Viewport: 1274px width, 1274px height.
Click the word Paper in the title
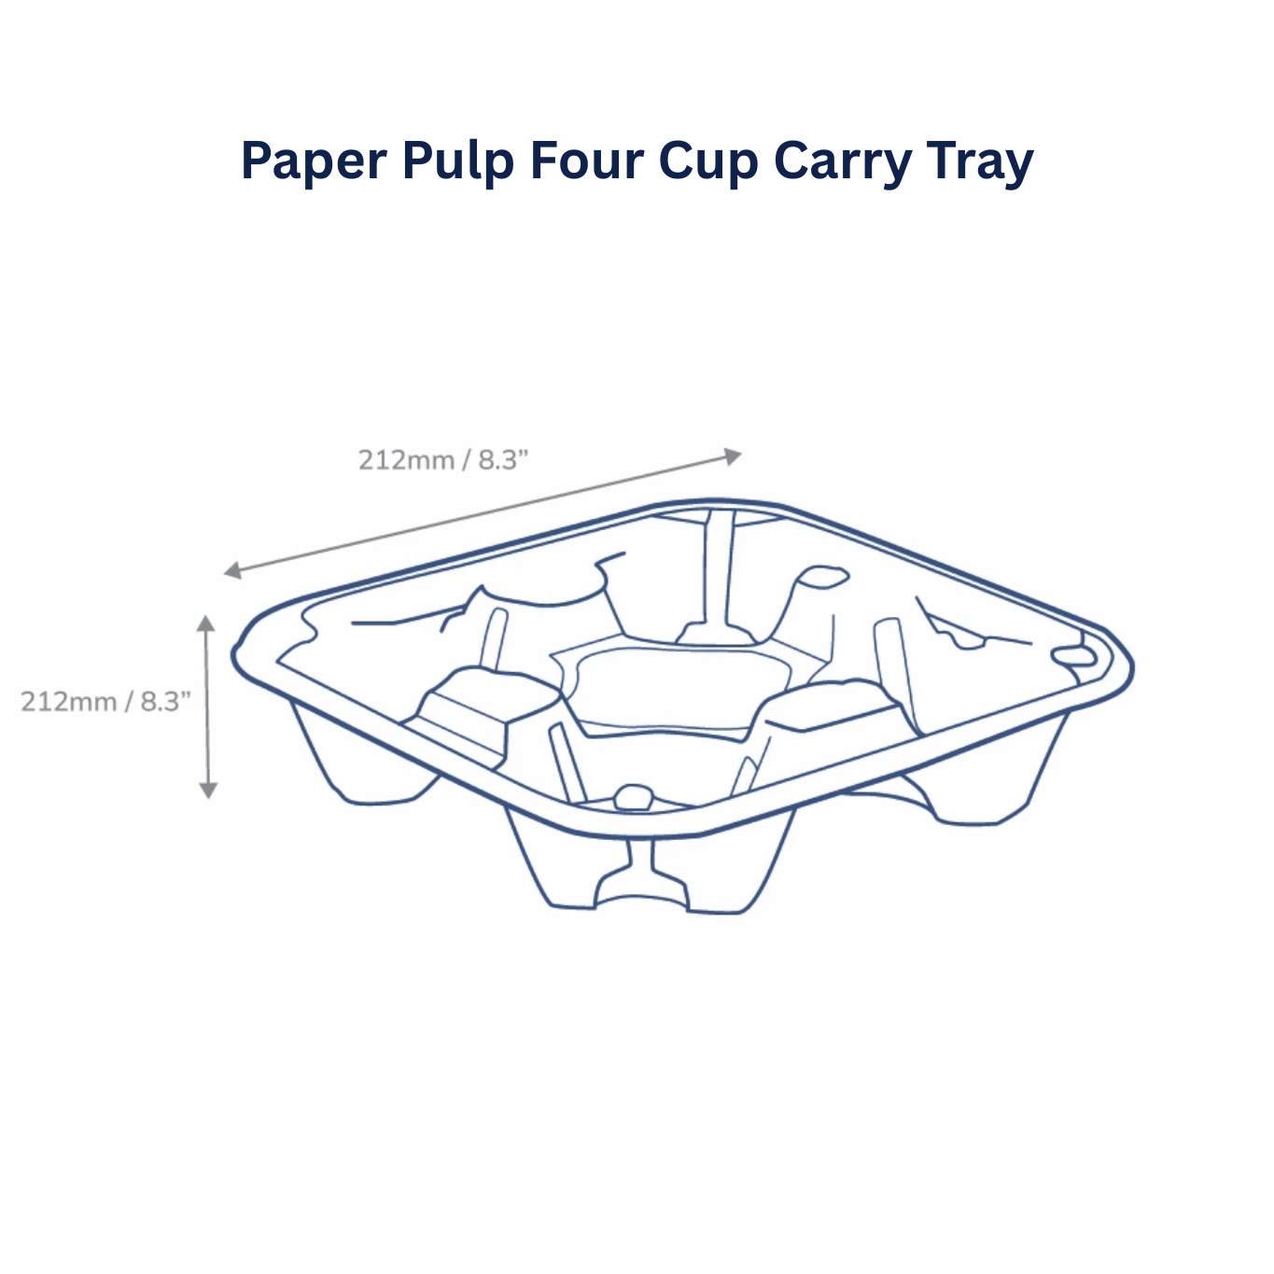pos(314,161)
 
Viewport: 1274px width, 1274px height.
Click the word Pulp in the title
pos(457,161)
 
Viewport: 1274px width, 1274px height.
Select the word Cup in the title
pos(708,162)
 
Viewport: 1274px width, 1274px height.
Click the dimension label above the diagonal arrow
pos(443,460)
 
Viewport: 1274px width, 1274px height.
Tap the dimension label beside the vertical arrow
pos(105,702)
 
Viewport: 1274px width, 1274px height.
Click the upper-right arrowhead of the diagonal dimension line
pos(733,455)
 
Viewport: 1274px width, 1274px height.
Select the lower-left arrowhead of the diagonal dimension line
pos(232,570)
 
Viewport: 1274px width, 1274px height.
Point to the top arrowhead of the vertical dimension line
pos(206,623)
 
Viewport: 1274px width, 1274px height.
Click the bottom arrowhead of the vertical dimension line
pos(208,791)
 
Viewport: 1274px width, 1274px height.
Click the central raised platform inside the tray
pos(681,688)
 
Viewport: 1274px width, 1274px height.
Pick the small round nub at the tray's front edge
pos(634,797)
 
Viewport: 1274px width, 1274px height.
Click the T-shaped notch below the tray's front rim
pos(641,873)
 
